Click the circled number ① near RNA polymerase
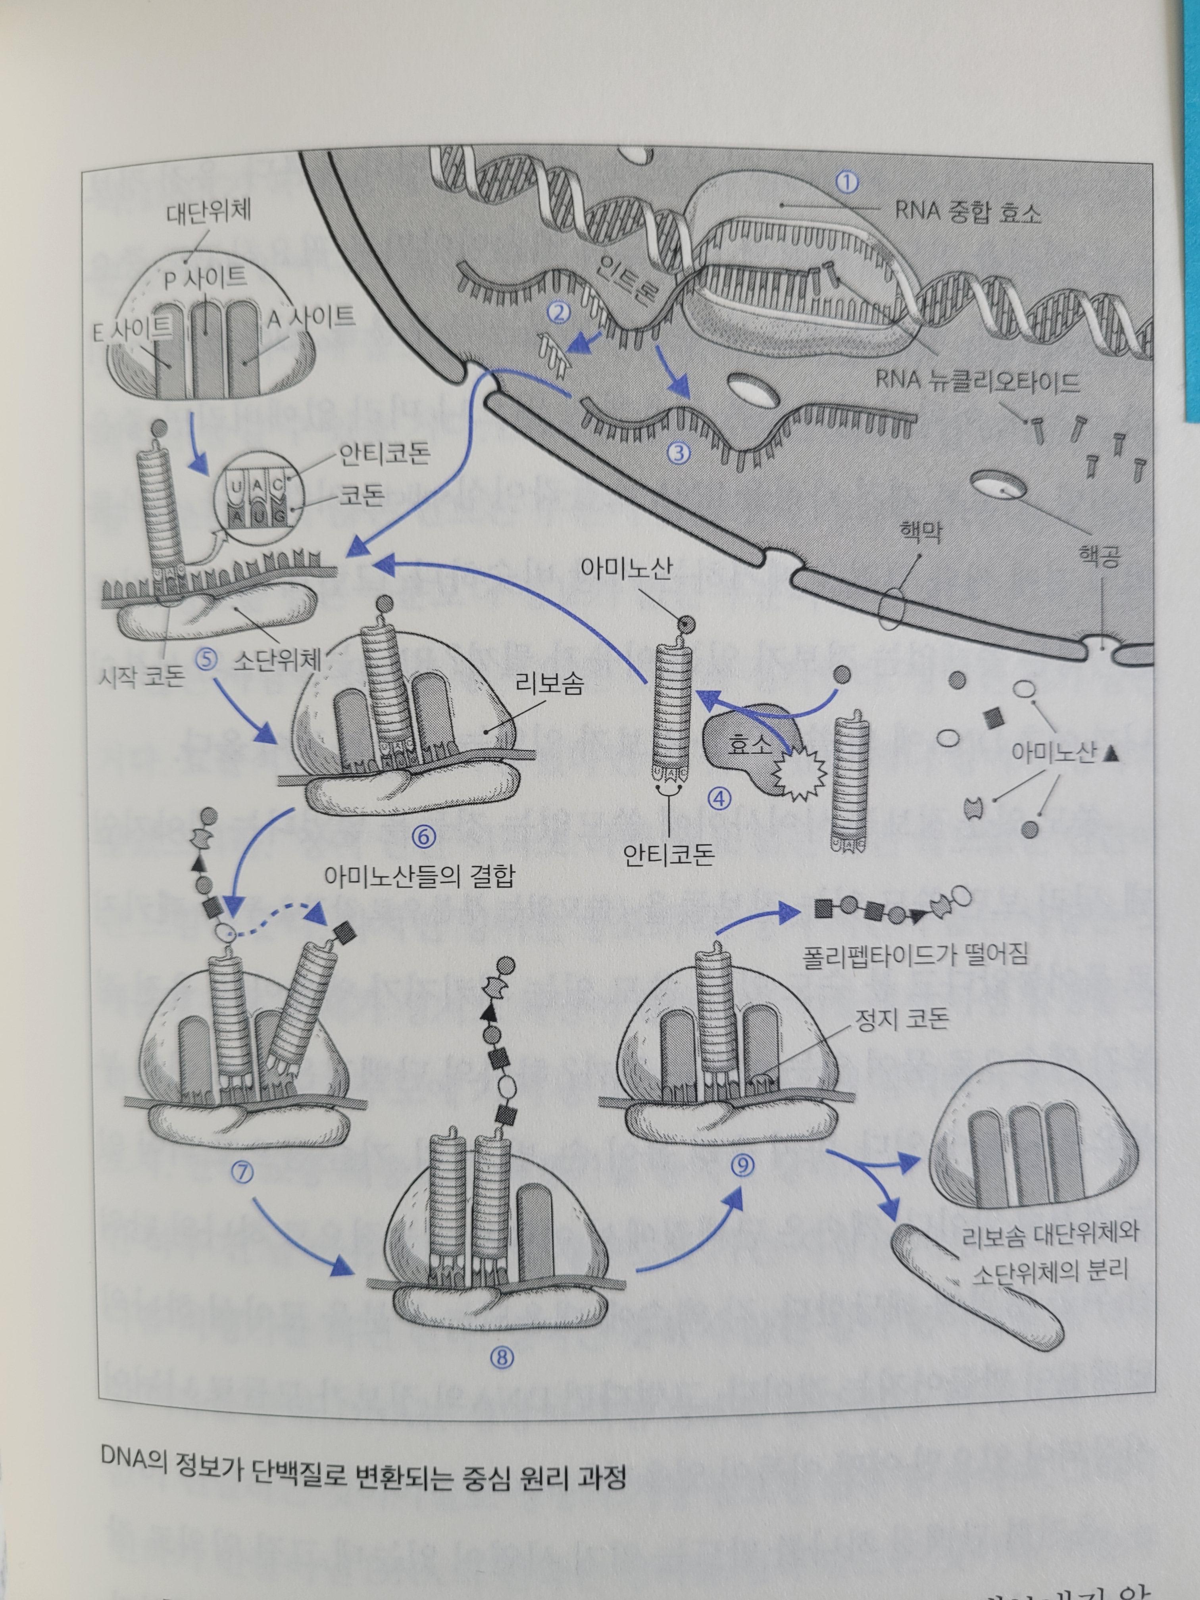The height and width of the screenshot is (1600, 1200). [846, 182]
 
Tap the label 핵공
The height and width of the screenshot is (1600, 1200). [1100, 558]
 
